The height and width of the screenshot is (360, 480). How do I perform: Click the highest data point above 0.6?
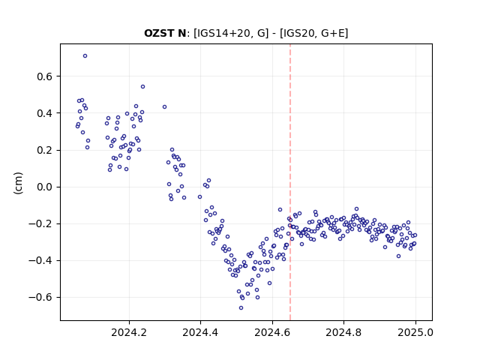coord(85,55)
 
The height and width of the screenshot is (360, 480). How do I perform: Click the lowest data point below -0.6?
coord(241,307)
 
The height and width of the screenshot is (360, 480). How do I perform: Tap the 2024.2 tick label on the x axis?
coord(129,332)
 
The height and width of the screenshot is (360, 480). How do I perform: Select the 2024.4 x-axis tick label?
coord(200,332)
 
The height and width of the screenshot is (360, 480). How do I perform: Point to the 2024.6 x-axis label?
coord(272,332)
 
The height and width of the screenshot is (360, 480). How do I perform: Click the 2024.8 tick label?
coord(343,332)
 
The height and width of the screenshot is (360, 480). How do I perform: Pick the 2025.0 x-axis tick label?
coord(415,332)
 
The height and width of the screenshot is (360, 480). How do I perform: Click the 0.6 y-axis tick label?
coord(44,76)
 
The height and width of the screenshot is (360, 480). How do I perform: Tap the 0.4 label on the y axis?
coord(44,113)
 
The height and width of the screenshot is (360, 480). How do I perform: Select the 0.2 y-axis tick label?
coord(44,150)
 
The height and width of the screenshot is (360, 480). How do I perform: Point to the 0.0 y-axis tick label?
coord(44,187)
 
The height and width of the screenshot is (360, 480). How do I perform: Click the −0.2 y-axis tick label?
coord(40,223)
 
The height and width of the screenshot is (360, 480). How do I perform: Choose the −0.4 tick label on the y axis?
coord(40,260)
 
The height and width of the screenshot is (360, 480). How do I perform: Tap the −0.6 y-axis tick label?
coord(40,297)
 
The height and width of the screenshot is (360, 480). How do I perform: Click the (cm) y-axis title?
coord(18,183)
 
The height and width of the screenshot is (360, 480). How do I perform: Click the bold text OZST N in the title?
coord(165,33)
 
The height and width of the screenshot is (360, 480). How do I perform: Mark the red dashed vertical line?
coord(290,182)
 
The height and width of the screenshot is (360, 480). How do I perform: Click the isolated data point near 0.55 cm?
coord(142,87)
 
